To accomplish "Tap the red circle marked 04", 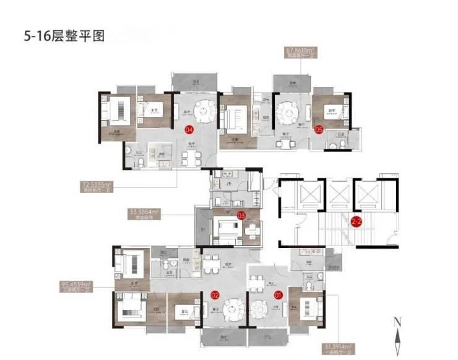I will [189, 130].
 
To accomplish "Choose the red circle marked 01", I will [278, 296].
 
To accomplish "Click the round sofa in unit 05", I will [288, 113].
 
